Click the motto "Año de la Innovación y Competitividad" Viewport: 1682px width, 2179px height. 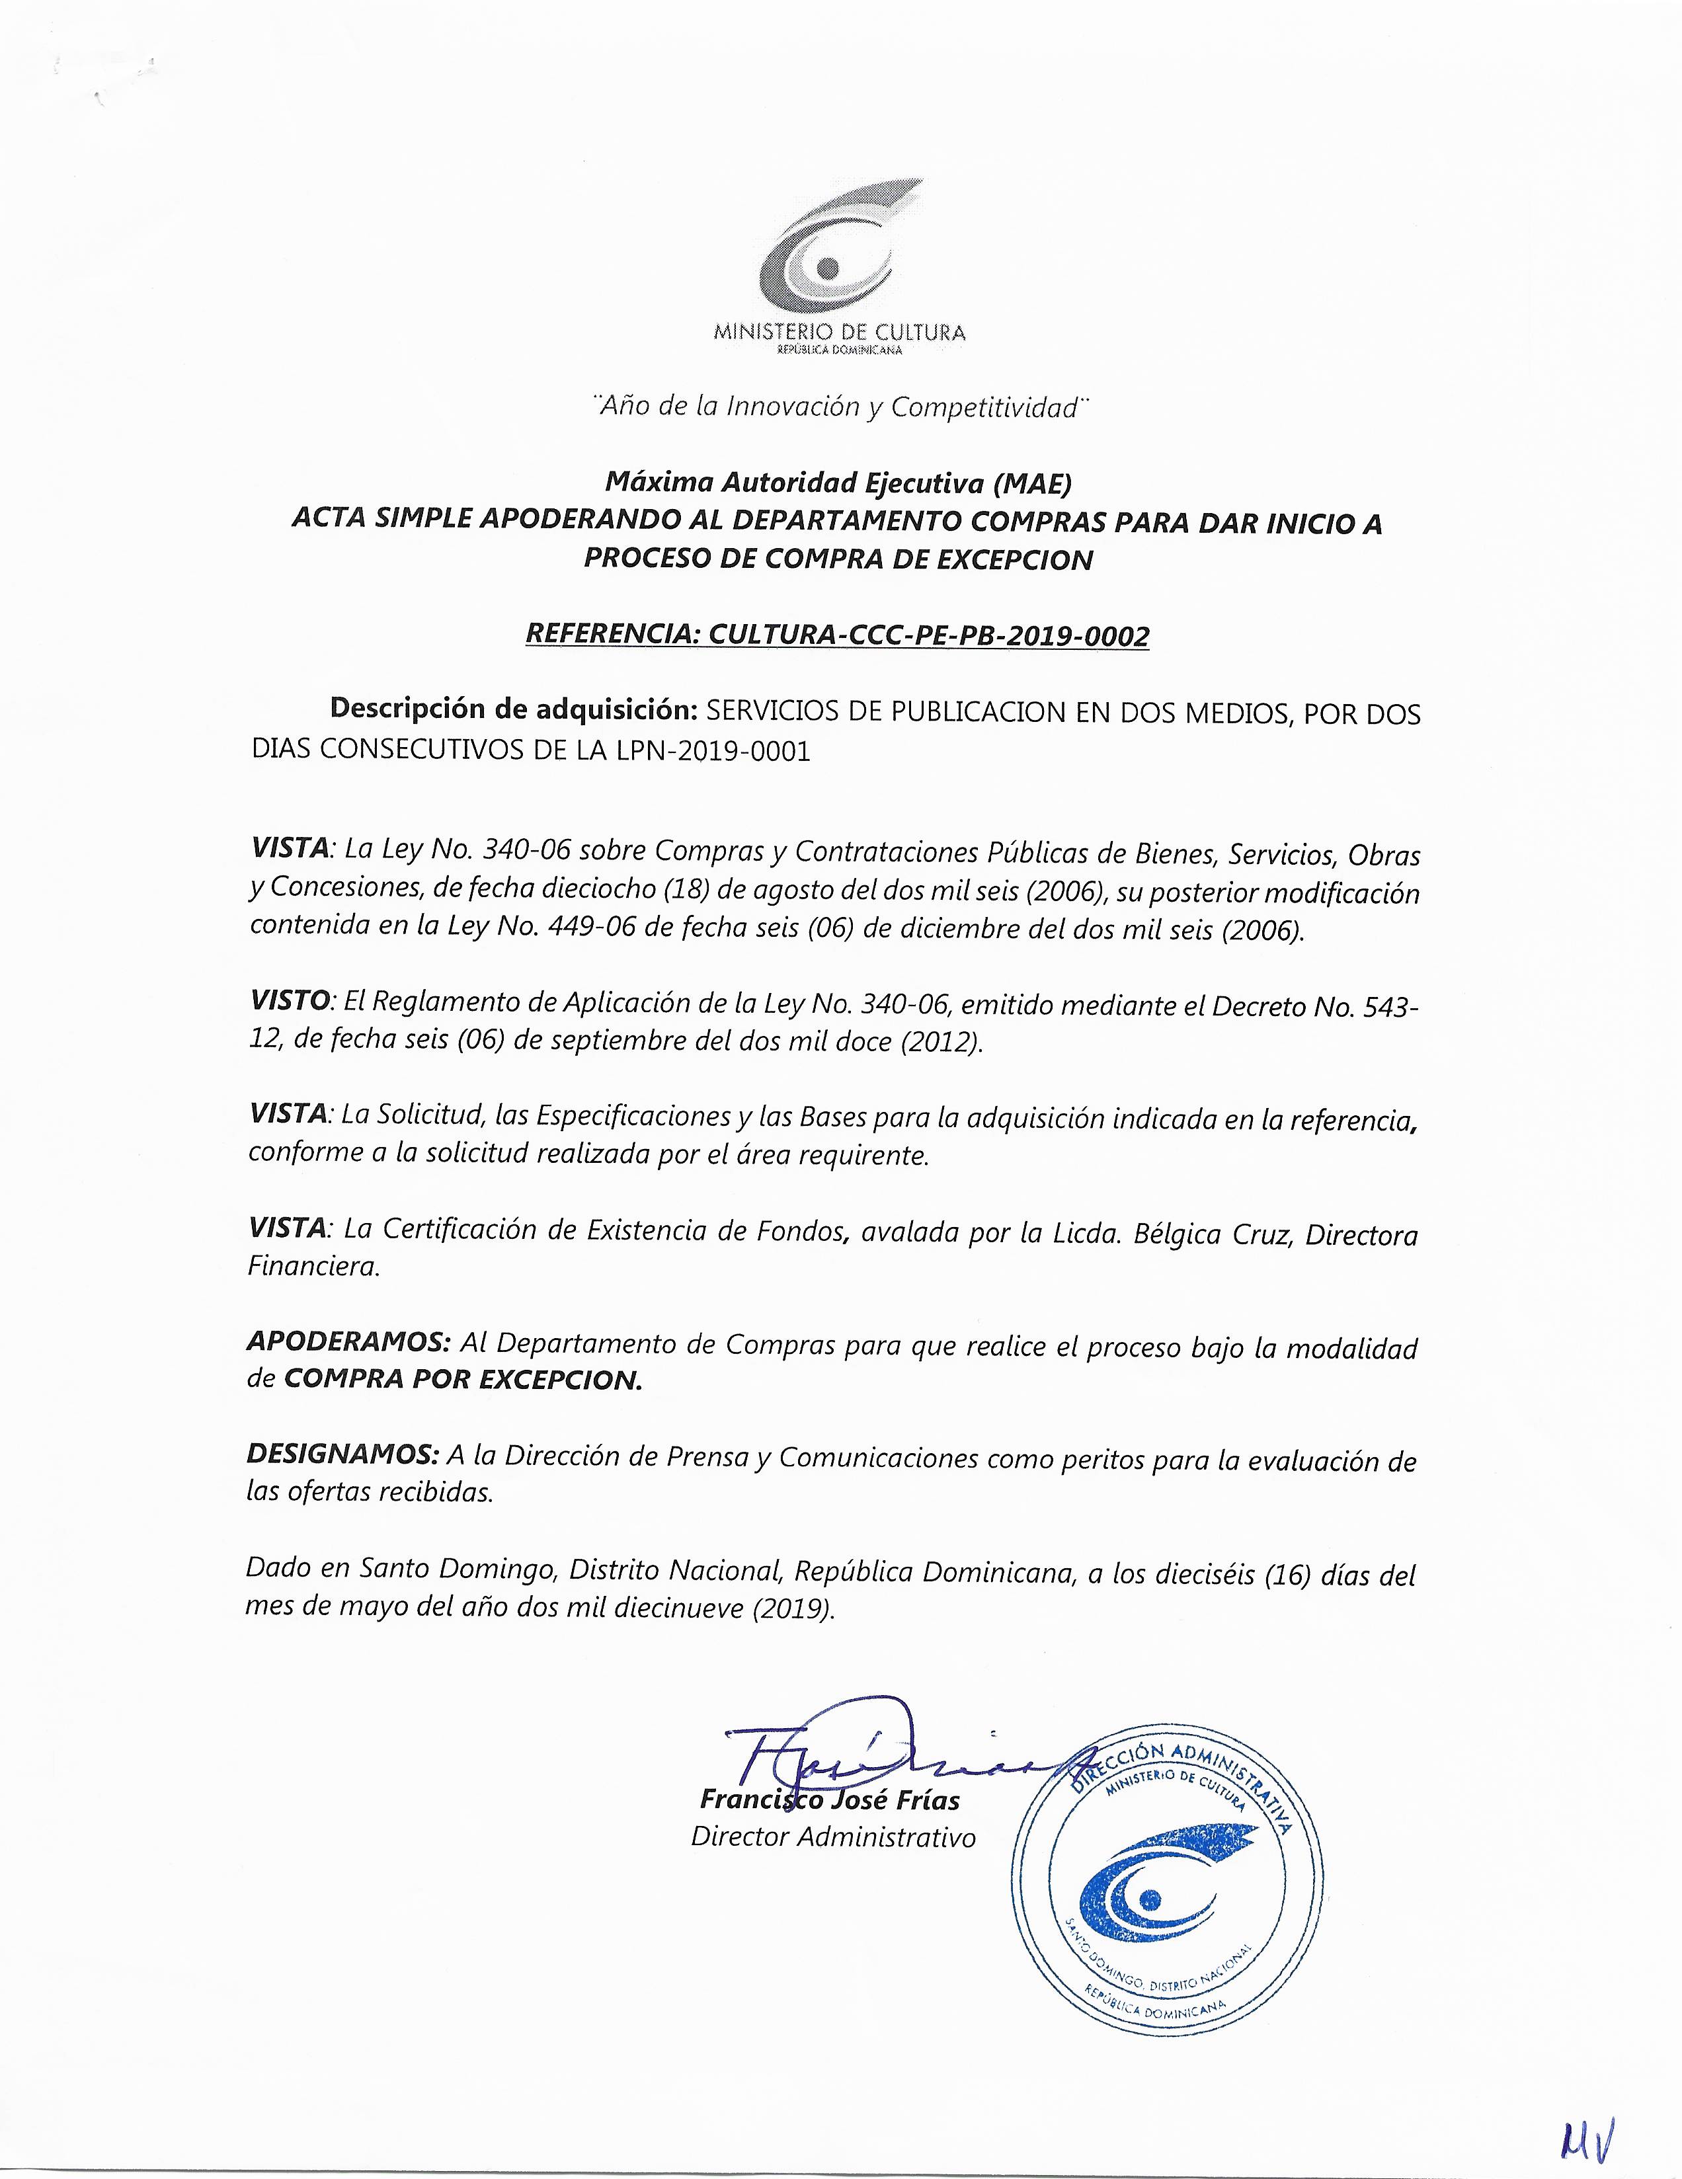[x=837, y=407]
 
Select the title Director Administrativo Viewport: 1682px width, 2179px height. [x=833, y=1837]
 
